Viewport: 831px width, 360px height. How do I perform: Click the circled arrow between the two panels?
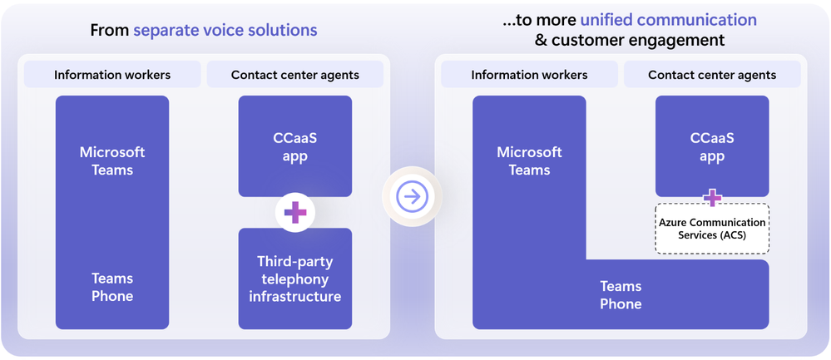(412, 196)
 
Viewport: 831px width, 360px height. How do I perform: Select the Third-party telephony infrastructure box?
(295, 278)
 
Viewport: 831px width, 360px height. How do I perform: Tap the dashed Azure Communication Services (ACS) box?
(712, 229)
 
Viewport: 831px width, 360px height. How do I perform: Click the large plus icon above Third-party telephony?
(295, 213)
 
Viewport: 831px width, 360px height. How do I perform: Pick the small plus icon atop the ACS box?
(712, 198)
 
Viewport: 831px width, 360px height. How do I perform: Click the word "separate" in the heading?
(167, 31)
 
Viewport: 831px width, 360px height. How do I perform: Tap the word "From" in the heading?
(109, 31)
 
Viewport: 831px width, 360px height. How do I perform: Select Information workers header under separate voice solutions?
(112, 75)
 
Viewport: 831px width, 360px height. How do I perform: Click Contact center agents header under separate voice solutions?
(295, 75)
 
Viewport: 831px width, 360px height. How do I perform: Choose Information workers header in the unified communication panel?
(529, 75)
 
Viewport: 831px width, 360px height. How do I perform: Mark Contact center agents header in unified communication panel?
(712, 75)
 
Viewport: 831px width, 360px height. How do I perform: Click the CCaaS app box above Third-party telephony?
(295, 147)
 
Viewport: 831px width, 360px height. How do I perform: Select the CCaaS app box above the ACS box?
(712, 147)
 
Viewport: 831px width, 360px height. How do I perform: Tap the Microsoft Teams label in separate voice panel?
(112, 160)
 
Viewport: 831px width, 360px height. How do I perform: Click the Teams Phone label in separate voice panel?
(112, 287)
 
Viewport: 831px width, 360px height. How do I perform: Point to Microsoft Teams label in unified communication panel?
(529, 160)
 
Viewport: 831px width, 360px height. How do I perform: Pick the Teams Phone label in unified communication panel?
(621, 295)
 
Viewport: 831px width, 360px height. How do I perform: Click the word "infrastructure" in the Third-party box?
(295, 297)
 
